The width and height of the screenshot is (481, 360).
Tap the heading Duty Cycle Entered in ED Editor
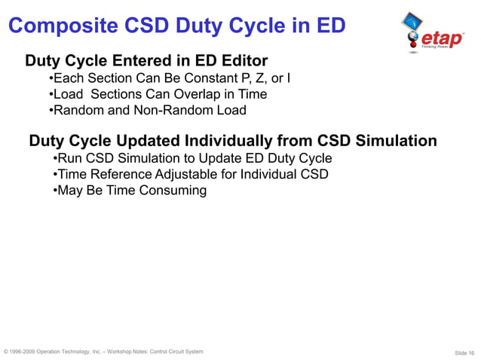(x=147, y=59)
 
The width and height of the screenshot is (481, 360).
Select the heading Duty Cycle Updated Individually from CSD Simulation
(x=232, y=141)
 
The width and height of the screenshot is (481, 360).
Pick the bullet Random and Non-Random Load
(x=147, y=110)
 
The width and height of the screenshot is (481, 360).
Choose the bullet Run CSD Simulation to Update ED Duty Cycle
(x=193, y=158)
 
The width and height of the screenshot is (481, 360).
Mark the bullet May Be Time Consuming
(x=130, y=190)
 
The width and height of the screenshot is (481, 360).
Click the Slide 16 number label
(x=464, y=352)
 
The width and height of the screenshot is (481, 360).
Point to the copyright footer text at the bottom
(x=103, y=352)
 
